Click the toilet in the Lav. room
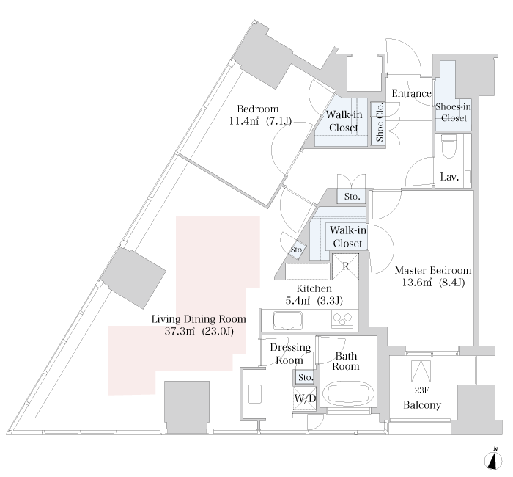coord(449,146)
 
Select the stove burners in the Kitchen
coord(342,318)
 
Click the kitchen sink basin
coord(287,320)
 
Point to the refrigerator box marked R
coord(345,266)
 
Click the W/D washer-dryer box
coord(305,398)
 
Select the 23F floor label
coord(421,390)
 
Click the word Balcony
coord(421,405)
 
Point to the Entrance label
coord(412,94)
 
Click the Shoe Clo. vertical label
coord(380,122)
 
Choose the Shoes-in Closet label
coord(454,112)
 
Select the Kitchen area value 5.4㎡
coord(298,300)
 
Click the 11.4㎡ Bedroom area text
coord(244,121)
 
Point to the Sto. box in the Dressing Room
coord(306,377)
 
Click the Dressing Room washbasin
coord(255,394)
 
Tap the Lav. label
coord(449,177)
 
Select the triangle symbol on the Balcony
coord(421,371)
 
